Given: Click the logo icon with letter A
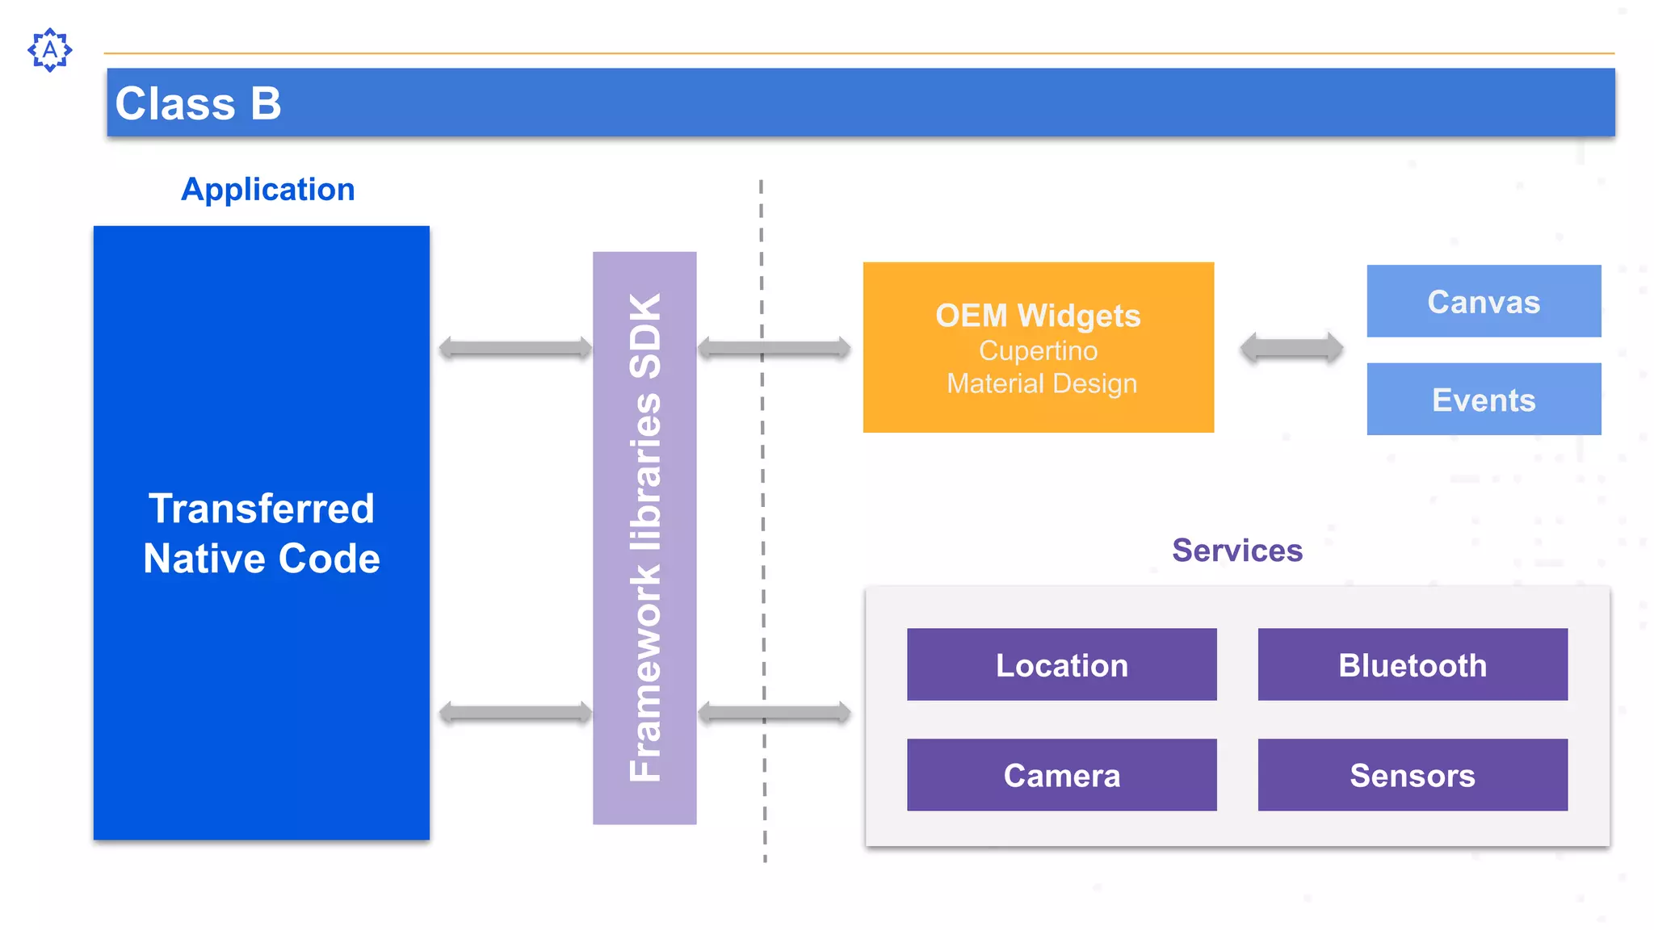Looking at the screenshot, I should pyautogui.click(x=50, y=50).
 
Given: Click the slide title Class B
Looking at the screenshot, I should pyautogui.click(x=199, y=103).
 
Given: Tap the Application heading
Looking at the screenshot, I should pyautogui.click(x=268, y=190).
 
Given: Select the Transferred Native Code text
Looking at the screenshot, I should pyautogui.click(x=262, y=533).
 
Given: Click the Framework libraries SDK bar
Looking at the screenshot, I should pyautogui.click(x=644, y=538).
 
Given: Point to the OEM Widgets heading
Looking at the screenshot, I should pyautogui.click(x=1038, y=316).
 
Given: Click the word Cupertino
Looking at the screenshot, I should pyautogui.click(x=1038, y=351).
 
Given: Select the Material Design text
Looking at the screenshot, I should pyautogui.click(x=1041, y=383).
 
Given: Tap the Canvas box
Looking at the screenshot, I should pyautogui.click(x=1484, y=301).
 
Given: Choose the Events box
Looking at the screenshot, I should pyautogui.click(x=1484, y=400).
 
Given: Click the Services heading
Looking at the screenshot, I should pyautogui.click(x=1237, y=551).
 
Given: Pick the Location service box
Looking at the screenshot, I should pyautogui.click(x=1061, y=664).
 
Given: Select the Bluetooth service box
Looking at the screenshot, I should pyautogui.click(x=1413, y=664).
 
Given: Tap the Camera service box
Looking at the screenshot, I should pyautogui.click(x=1061, y=775).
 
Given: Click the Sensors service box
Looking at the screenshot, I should pyautogui.click(x=1413, y=775).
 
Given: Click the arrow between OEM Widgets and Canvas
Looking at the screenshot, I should pyautogui.click(x=1291, y=348).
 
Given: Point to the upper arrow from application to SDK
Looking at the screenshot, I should pyautogui.click(x=515, y=348).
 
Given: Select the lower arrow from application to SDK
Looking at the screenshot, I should pyautogui.click(x=515, y=713).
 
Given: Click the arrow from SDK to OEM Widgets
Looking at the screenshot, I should pyautogui.click(x=774, y=348).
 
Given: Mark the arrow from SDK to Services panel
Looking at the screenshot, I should pyautogui.click(x=774, y=713).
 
